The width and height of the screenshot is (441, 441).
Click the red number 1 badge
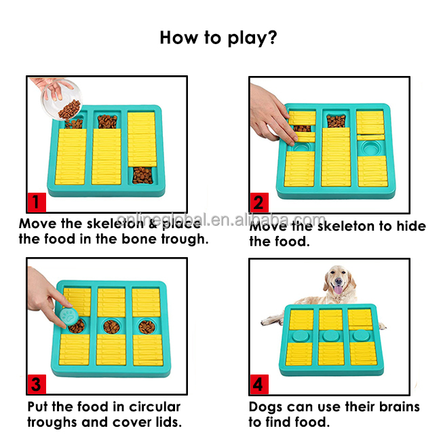coord(37,202)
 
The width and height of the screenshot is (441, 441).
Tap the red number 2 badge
coord(259,202)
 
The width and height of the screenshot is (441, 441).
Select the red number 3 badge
coord(37,384)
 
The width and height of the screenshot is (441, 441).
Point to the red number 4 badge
coord(259,385)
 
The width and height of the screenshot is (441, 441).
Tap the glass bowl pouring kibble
coord(62,99)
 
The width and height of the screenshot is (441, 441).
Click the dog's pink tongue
coord(338,290)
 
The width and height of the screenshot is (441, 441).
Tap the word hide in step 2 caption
coord(411,226)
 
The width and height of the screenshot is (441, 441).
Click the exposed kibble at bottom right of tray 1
coord(142,176)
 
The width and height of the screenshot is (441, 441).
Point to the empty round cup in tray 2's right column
coord(371,147)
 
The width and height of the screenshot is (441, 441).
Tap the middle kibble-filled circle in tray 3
coord(111,327)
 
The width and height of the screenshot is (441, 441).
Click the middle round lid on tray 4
coord(331,336)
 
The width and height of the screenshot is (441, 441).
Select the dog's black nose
coord(339,281)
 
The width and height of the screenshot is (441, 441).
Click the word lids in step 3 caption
coord(169,422)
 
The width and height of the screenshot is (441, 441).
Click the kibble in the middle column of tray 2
coord(336,121)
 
